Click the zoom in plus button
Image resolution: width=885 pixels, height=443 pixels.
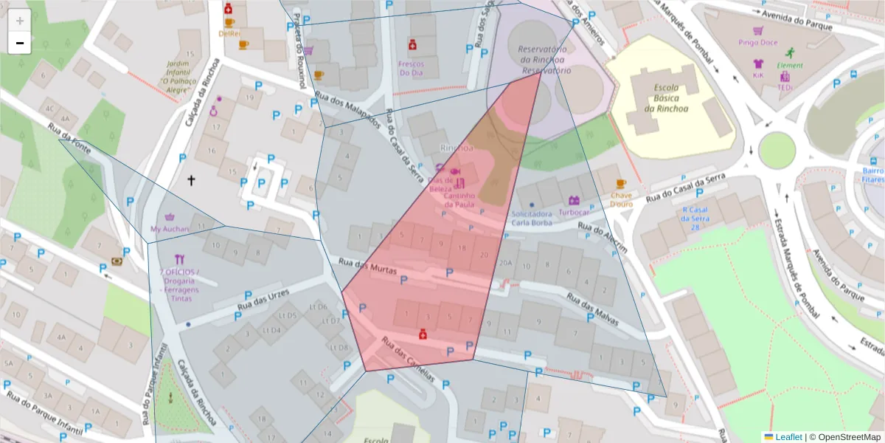19,21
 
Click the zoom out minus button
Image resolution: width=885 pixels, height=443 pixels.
19,43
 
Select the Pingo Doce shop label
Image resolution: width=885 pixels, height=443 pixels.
758,43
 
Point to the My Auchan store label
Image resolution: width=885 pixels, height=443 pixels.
170,229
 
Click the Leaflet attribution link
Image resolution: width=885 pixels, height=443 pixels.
788,437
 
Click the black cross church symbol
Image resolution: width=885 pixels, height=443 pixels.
192,179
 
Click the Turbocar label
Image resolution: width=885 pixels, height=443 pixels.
574,212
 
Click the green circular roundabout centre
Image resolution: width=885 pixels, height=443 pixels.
777,151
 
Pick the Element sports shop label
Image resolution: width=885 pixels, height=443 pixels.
790,65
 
